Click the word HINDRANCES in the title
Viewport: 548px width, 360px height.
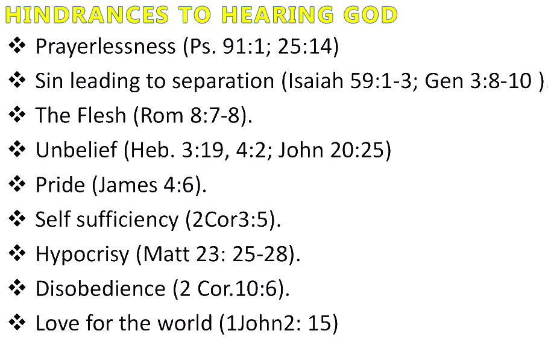87,15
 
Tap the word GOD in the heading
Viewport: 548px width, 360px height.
371,15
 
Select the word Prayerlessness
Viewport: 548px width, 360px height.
106,47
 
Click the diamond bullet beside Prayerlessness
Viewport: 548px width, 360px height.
17,46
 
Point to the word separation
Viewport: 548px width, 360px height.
223,81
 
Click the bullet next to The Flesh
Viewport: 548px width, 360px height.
17,115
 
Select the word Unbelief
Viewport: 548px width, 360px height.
76,150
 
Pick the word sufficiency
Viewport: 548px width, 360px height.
128,220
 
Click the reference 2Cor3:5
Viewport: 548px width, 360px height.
230,219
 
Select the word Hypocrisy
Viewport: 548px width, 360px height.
83,254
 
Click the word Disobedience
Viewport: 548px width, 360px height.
100,288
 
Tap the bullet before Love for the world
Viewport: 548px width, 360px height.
17,322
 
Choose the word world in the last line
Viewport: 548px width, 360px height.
185,323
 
